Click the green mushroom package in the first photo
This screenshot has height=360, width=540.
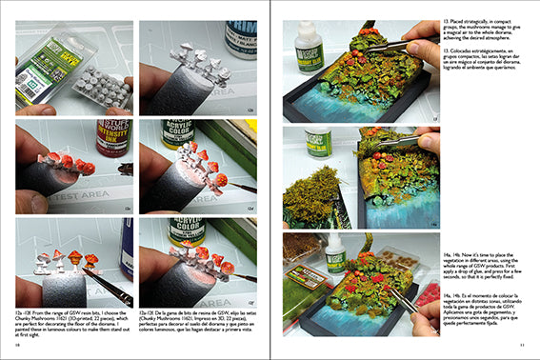tap(45, 57)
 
